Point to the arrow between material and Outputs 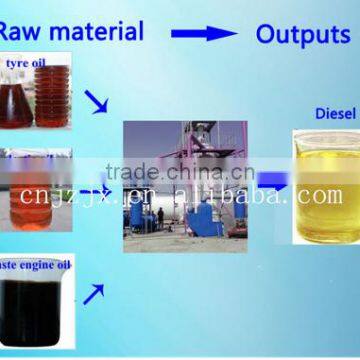[202, 33]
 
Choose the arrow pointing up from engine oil [93, 292]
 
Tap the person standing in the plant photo [160, 217]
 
